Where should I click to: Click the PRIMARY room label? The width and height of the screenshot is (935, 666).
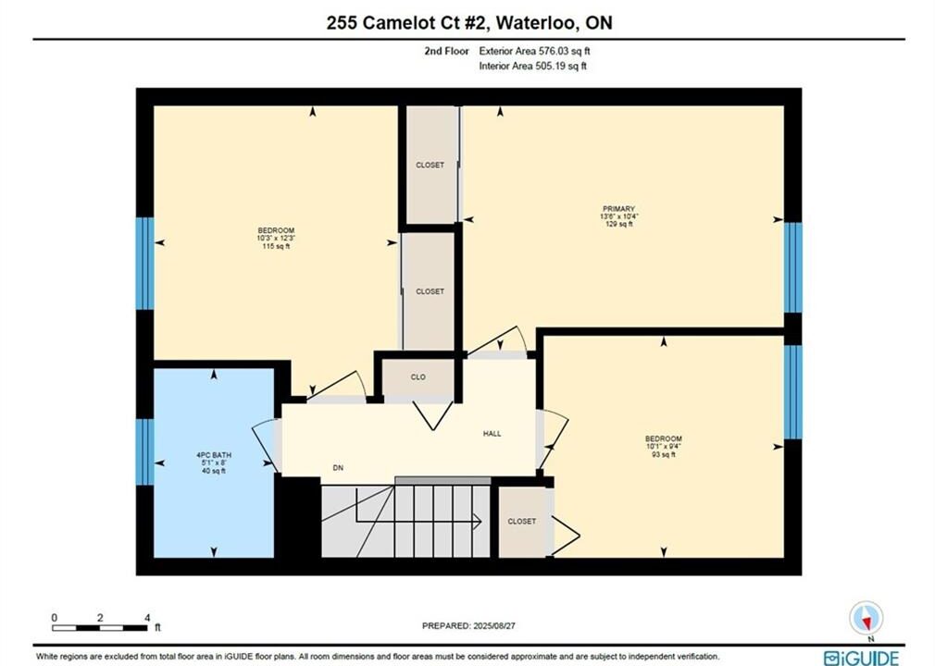pos(618,209)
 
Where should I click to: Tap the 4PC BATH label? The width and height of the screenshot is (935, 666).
pos(214,455)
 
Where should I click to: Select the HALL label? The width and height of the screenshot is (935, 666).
pos(492,434)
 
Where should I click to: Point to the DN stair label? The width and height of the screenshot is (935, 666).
pos(338,468)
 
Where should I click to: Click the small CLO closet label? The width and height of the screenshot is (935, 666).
pos(418,377)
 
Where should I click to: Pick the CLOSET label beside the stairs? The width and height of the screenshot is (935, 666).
pos(522,522)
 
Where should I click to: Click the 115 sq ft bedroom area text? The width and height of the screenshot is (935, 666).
pos(276,246)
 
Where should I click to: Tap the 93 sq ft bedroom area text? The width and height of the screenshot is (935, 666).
pos(664,454)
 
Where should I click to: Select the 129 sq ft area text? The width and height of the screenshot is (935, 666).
pos(619,224)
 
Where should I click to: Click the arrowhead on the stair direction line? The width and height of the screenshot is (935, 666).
pos(478,522)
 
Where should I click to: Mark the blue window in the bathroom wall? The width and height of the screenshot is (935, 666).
pos(145,452)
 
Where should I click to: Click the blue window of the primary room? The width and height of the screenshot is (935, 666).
pos(792,267)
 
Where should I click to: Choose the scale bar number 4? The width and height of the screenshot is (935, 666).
pos(147,618)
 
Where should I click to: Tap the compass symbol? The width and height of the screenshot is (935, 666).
pos(866,618)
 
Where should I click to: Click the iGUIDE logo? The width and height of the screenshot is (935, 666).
pos(861,659)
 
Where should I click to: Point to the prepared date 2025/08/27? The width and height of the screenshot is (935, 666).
pos(494,626)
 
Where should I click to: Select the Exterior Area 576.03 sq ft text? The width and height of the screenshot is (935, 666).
pos(535,51)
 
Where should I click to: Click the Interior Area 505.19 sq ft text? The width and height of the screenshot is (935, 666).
pos(533,66)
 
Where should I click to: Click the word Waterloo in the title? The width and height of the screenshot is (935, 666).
pos(538,22)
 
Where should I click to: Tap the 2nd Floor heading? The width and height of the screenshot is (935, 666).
pos(446,51)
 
